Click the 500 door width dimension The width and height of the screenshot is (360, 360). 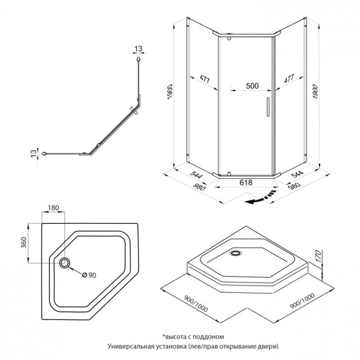pyautogui.click(x=252, y=86)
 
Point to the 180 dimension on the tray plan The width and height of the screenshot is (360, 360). pyautogui.click(x=53, y=208)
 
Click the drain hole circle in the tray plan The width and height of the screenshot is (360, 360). pyautogui.click(x=65, y=263)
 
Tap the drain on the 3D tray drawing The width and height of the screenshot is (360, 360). pyautogui.click(x=235, y=254)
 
